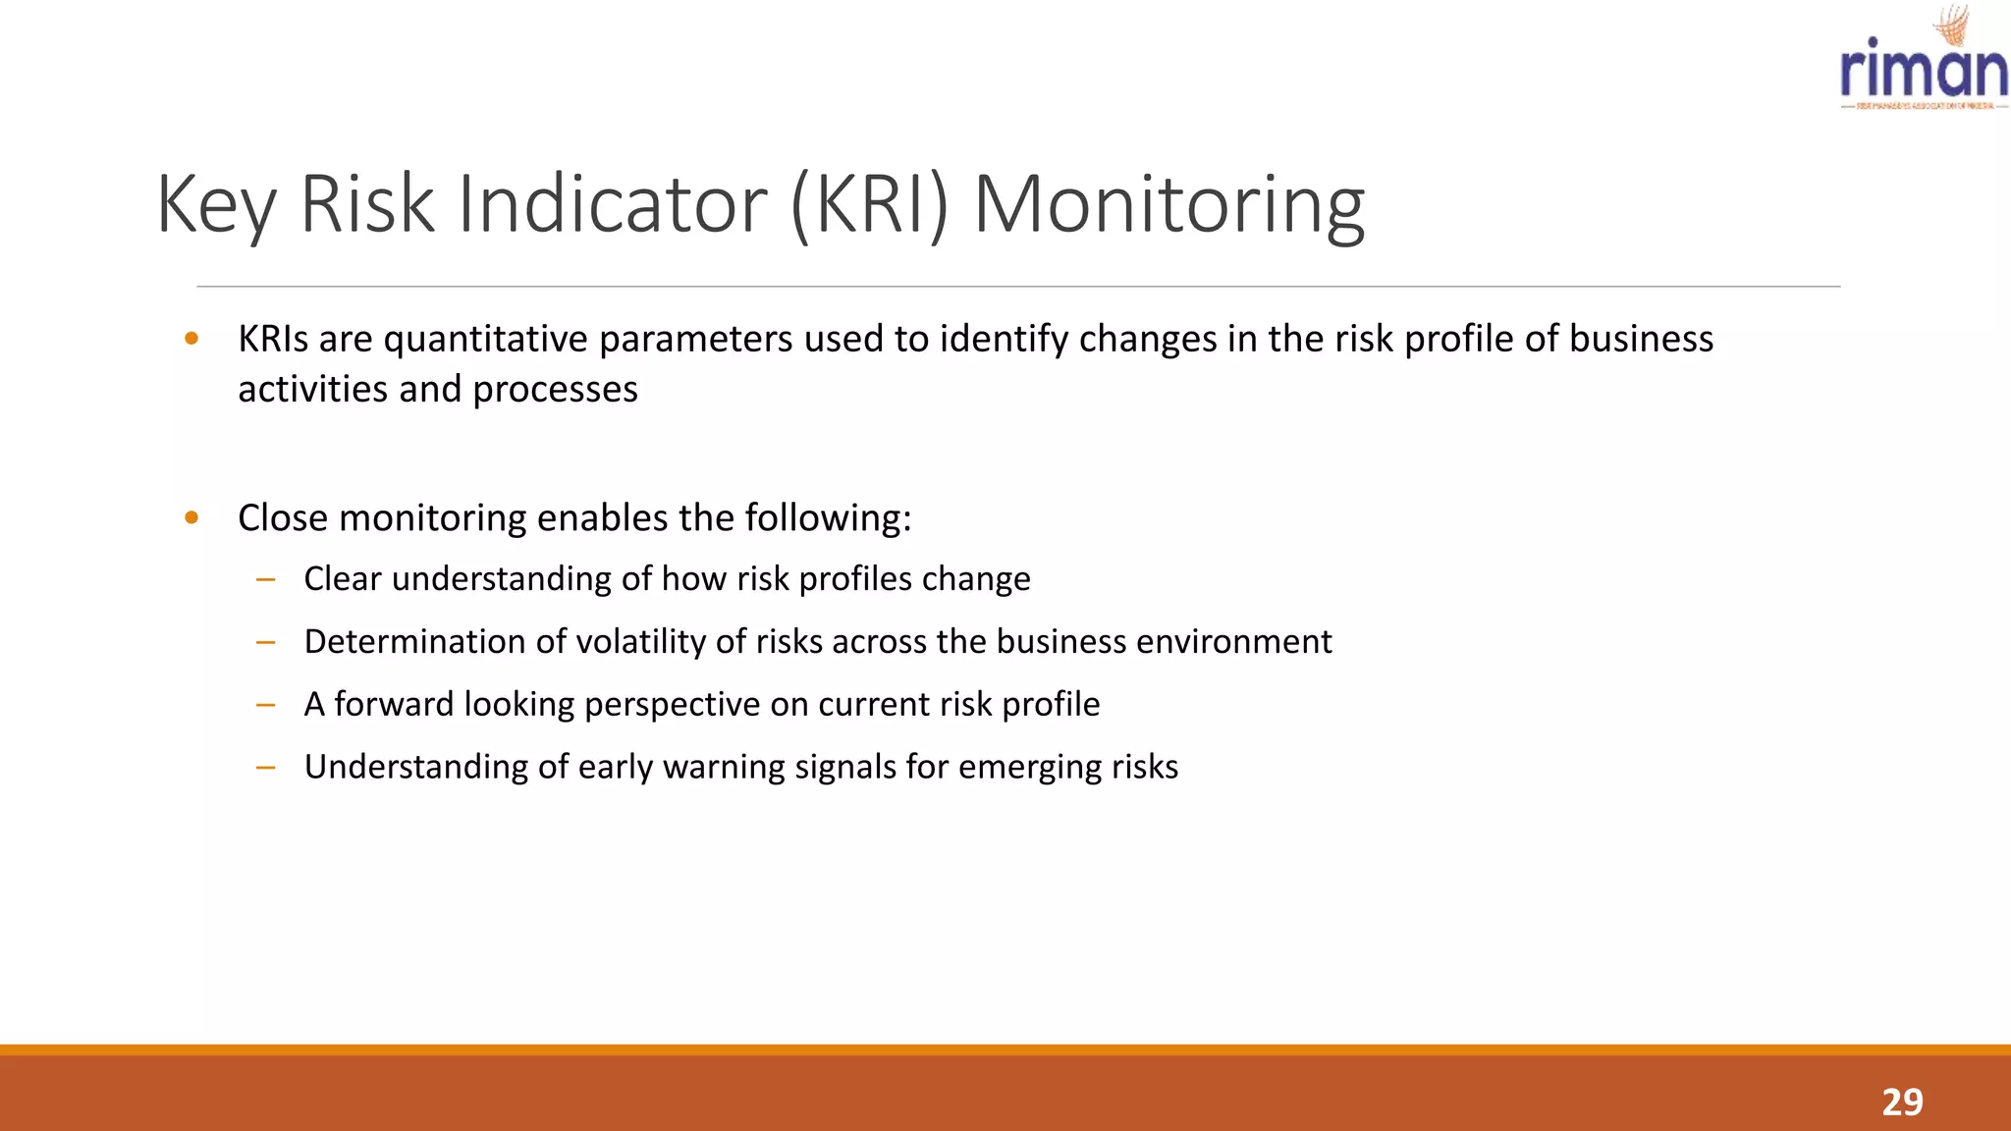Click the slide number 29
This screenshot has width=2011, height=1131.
coord(1902,1103)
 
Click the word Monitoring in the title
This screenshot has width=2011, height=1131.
coord(1169,204)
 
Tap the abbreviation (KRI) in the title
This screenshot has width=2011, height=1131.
coord(869,204)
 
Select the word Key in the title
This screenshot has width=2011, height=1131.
coord(216,204)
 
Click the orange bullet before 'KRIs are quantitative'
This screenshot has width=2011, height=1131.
coord(191,339)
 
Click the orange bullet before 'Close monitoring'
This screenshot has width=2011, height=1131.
coord(191,517)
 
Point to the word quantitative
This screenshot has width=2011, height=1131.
coord(486,339)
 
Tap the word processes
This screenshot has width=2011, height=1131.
coord(555,390)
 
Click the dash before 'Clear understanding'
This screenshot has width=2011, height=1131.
coord(265,579)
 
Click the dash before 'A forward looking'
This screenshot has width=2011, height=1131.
coord(265,705)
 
